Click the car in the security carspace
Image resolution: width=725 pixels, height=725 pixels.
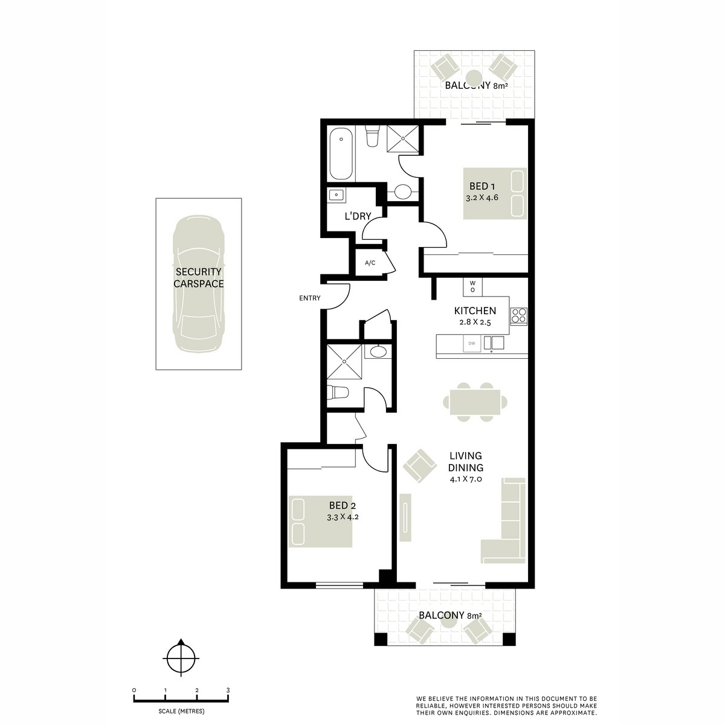point(198,284)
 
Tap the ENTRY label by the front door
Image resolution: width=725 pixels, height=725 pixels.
point(310,298)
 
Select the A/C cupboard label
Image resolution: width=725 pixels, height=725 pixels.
point(370,263)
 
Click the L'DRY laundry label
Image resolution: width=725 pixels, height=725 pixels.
point(358,216)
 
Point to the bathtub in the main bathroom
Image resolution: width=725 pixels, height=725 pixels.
point(341,154)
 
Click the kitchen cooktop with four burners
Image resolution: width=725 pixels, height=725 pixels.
point(519,317)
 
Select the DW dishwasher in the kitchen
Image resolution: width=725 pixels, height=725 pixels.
point(472,344)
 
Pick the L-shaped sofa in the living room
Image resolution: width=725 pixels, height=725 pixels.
point(508,521)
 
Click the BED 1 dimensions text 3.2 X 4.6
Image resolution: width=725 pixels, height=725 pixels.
point(482,198)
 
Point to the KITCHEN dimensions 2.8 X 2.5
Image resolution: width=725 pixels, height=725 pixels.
point(475,323)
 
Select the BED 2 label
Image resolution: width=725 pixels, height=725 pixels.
point(343,505)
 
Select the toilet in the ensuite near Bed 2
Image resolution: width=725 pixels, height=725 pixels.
point(338,393)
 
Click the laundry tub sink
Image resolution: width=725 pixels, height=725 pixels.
point(335,195)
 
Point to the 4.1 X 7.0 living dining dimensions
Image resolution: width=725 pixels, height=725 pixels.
point(466,479)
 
